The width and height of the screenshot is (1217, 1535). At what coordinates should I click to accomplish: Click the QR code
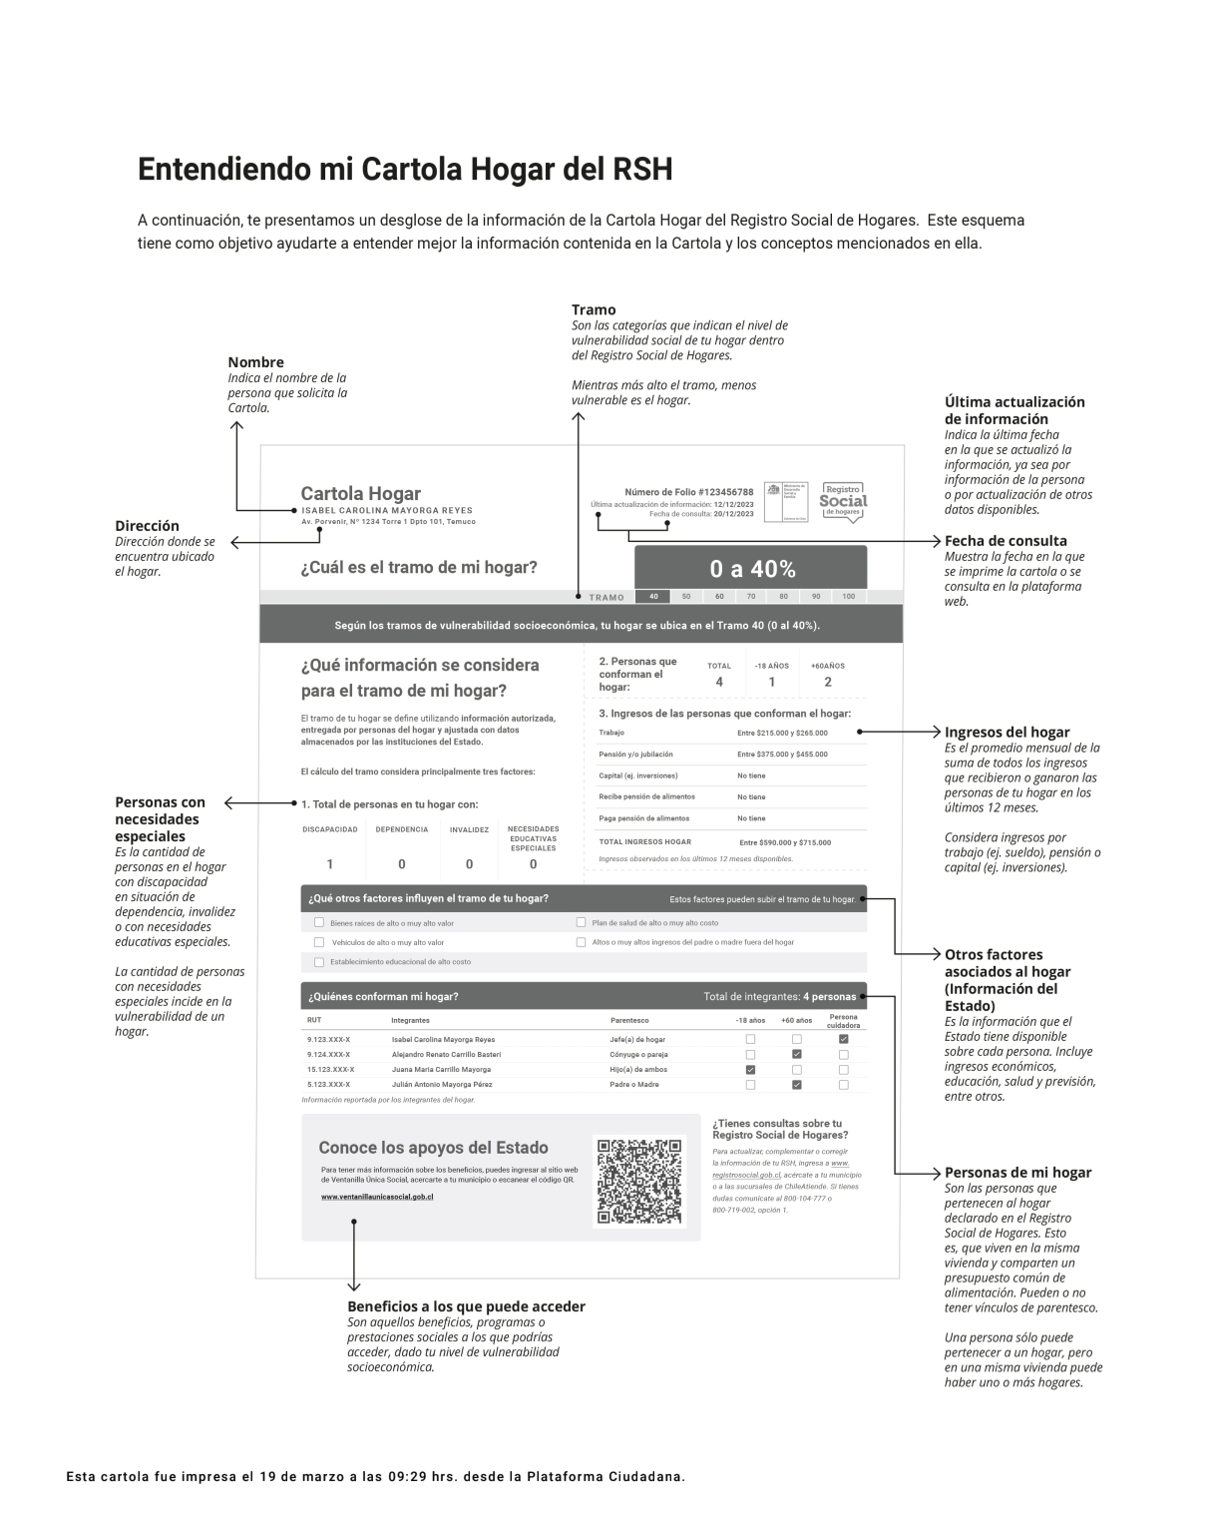639,1181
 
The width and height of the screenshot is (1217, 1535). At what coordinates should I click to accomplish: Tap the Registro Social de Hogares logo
843,502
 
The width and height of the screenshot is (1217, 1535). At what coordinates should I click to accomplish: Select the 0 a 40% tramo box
752,569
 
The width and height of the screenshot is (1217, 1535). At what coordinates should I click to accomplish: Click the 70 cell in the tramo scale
751,597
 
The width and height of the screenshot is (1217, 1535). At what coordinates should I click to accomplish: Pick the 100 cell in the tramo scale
848,597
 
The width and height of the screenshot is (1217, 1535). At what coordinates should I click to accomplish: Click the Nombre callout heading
255,362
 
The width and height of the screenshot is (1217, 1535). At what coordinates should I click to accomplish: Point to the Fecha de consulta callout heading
1006,541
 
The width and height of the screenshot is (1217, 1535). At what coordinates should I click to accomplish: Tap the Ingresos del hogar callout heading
1007,732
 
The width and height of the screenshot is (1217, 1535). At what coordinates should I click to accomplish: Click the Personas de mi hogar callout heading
1017,1173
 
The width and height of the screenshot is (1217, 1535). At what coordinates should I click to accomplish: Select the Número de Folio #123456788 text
688,492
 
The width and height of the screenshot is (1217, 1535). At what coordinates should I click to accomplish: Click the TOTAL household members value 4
719,682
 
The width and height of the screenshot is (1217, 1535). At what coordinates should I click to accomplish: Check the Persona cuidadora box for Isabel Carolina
843,1039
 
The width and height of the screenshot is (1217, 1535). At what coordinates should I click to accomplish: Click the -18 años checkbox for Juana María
750,1069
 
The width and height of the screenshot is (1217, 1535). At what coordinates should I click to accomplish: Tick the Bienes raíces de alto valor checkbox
319,923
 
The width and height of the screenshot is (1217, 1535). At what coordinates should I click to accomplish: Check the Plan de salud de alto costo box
582,923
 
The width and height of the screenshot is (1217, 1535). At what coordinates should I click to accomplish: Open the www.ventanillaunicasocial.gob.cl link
377,1196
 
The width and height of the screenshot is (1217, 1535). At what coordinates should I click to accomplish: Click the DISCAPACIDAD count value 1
330,864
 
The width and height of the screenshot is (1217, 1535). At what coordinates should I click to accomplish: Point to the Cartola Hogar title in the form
361,493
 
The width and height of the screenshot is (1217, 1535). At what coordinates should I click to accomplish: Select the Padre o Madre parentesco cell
634,1084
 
